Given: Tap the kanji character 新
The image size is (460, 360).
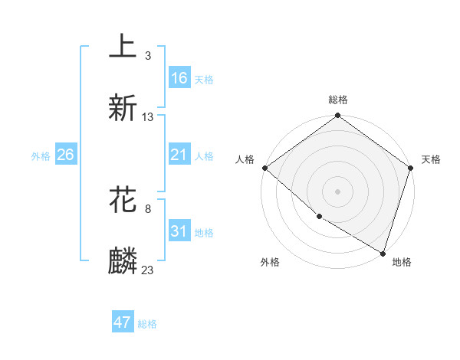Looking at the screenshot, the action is (123, 108).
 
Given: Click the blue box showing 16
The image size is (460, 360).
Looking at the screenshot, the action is (179, 78).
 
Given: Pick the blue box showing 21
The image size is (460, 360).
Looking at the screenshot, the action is (179, 155).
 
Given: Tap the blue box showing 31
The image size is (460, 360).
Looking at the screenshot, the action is (179, 231).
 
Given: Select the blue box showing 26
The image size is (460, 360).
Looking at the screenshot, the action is (65, 155).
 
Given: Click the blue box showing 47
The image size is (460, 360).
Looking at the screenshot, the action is (123, 322).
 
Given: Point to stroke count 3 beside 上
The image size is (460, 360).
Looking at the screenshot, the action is (148, 56).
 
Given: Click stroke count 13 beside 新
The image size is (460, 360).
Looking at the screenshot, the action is (148, 117).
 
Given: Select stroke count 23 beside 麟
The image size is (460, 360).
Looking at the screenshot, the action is (148, 270).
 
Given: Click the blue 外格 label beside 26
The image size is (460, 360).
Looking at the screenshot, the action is (41, 155).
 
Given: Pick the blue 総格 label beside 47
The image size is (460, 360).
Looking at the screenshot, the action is (147, 324).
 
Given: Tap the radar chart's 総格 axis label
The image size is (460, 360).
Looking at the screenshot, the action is (338, 100).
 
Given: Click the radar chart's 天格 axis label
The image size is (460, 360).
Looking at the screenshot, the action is (431, 159).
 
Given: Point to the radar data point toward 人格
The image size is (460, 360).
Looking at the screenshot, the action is (264, 168).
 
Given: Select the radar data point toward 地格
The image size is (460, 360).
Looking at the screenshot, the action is (382, 253).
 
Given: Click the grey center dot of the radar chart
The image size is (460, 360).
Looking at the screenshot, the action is (337, 191).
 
